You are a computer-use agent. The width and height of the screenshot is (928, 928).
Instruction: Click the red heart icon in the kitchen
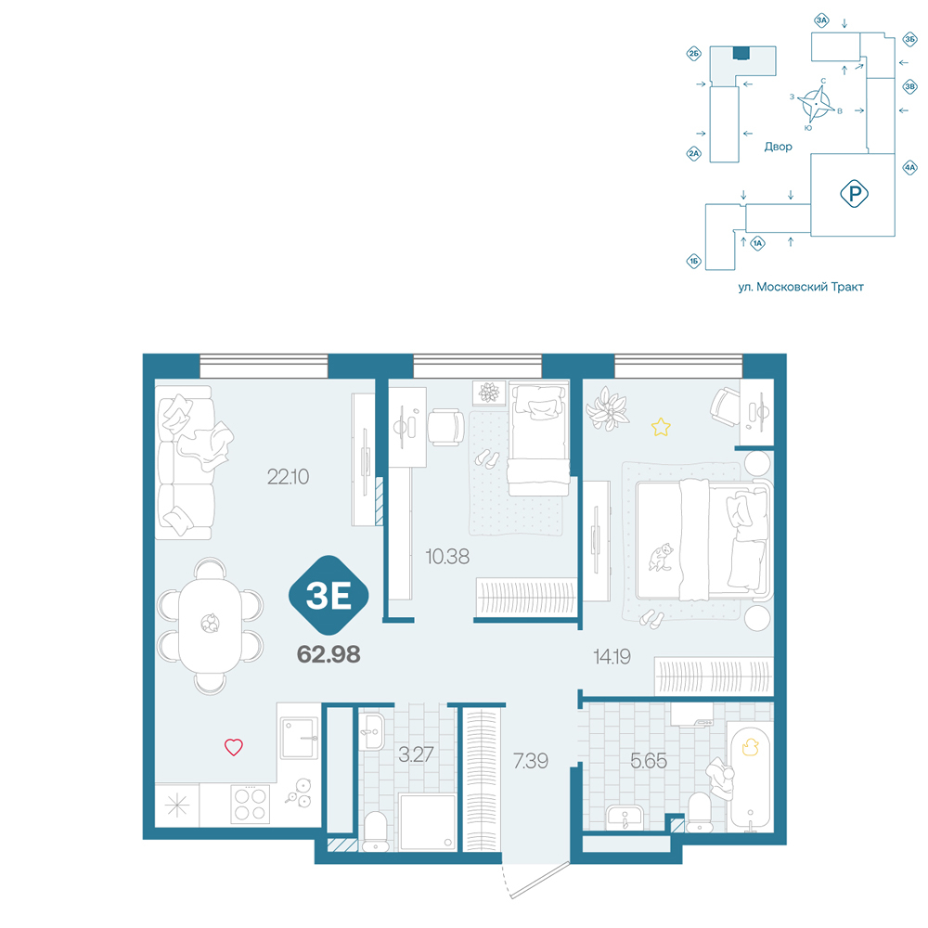click(234, 747)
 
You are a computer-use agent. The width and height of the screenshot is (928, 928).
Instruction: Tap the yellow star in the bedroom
click(661, 427)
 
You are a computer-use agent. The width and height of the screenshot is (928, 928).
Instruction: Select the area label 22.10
click(288, 476)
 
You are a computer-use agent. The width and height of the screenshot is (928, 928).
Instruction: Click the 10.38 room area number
click(447, 556)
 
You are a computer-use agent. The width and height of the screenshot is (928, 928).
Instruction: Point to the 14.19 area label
click(612, 656)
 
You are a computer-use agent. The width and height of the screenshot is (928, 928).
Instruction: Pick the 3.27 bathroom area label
click(416, 754)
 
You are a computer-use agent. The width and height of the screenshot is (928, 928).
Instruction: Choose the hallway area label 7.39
click(531, 761)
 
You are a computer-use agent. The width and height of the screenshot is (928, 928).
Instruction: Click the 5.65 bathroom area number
click(649, 761)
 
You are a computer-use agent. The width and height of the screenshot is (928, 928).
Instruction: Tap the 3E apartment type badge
click(329, 596)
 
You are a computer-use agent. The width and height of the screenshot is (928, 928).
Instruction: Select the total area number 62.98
click(329, 654)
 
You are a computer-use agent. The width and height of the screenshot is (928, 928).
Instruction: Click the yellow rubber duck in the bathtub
click(751, 747)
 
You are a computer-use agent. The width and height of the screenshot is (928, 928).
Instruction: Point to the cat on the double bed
click(661, 557)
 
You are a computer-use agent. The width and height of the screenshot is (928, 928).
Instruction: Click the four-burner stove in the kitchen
click(250, 805)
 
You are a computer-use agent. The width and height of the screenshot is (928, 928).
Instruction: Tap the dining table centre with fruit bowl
click(210, 624)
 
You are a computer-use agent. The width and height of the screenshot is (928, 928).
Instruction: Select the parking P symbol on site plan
click(854, 194)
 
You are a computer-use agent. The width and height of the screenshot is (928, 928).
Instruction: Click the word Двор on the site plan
click(778, 147)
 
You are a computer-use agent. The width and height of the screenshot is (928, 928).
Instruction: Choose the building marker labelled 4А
click(909, 167)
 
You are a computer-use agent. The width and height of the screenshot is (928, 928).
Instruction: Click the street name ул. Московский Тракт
click(801, 287)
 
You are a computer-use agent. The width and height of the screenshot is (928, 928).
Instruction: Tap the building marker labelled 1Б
click(693, 261)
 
